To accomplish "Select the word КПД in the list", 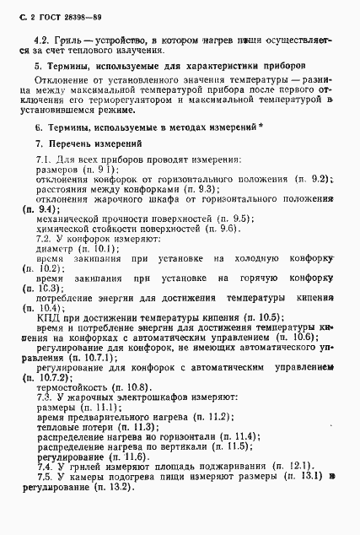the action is pos(47,317).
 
